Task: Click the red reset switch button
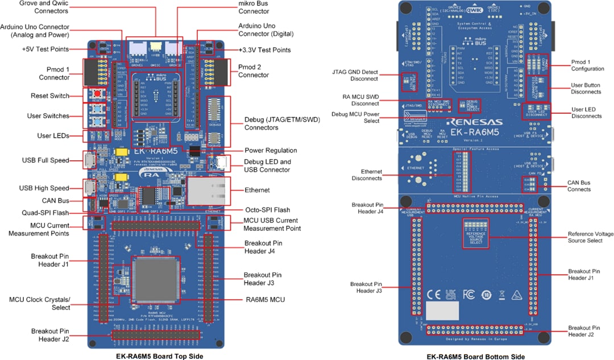tap(98, 94)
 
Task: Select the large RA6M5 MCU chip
tap(156, 279)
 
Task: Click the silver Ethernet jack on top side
tap(208, 190)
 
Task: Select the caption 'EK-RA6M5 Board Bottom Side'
tap(475, 356)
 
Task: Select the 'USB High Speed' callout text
tap(45, 188)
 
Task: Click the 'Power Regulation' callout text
tap(271, 151)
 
